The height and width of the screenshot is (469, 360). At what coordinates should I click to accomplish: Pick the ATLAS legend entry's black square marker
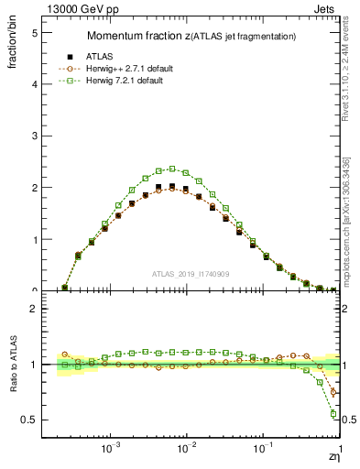[70, 56]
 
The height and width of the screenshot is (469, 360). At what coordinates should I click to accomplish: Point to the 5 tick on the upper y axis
[34, 32]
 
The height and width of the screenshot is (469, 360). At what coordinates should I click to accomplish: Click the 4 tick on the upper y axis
[34, 83]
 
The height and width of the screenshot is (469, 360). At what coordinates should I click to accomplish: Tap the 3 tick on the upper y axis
[34, 136]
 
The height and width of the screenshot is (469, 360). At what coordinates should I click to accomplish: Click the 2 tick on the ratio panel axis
[34, 309]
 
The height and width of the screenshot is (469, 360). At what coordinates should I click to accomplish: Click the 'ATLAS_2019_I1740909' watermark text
[190, 274]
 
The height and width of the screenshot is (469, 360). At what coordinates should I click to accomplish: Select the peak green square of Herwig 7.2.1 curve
[172, 169]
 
